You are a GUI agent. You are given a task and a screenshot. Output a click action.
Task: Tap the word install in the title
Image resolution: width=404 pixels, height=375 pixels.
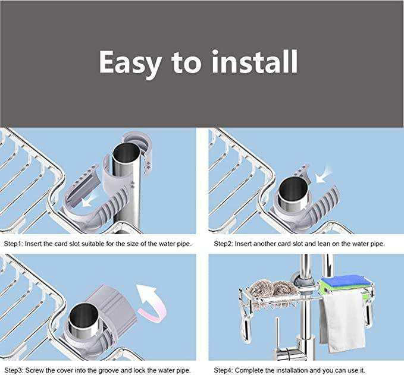pos(255,61)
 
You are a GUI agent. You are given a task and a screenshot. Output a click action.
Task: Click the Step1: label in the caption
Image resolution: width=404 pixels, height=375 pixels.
pos(14,244)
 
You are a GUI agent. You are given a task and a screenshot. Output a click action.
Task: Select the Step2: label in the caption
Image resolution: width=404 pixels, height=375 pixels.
pos(224,244)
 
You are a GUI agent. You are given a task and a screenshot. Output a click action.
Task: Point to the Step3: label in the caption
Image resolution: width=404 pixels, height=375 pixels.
pos(14,370)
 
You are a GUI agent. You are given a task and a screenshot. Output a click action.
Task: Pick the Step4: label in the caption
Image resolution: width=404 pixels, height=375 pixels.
pos(224,370)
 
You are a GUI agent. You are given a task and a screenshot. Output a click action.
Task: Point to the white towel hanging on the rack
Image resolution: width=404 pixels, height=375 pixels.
pos(343,322)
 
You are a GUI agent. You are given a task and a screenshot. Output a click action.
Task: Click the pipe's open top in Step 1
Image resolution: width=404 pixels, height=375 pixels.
pos(126,153)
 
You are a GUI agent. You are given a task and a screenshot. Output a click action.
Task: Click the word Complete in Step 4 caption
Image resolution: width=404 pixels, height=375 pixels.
pos(248,370)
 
